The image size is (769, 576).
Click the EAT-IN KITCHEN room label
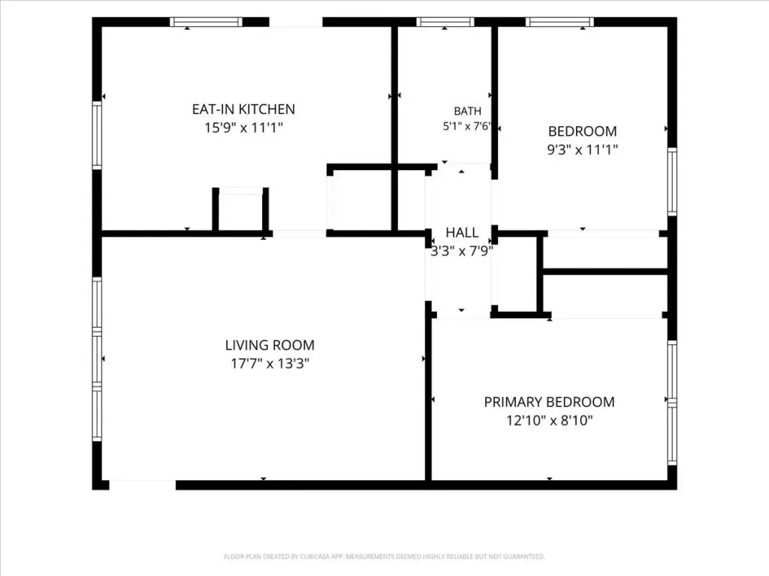[x=243, y=109]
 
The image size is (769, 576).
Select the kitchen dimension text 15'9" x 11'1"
[x=243, y=127]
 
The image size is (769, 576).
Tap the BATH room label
[x=467, y=111]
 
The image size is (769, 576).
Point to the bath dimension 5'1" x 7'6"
[x=466, y=126]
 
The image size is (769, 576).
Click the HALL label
[x=462, y=232]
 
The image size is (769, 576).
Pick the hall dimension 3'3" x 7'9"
[x=462, y=251]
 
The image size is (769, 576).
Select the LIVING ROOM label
[x=270, y=345]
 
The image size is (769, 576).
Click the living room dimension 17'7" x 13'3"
[x=270, y=364]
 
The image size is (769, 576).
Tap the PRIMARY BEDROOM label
[x=549, y=402]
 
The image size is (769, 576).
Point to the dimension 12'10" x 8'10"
[x=549, y=421]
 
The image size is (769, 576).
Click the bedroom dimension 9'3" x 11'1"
[x=582, y=150]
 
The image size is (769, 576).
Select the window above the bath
[x=445, y=22]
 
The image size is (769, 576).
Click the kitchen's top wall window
[x=206, y=22]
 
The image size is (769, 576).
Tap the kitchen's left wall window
[x=97, y=135]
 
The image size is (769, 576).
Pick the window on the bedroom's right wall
[x=672, y=181]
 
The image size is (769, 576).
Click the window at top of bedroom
[x=559, y=22]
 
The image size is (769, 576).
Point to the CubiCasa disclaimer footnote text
[x=384, y=557]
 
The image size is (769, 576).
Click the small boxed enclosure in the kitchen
[x=240, y=209]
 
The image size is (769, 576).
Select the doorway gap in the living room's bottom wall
[x=142, y=485]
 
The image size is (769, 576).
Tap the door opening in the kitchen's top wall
[x=296, y=22]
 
